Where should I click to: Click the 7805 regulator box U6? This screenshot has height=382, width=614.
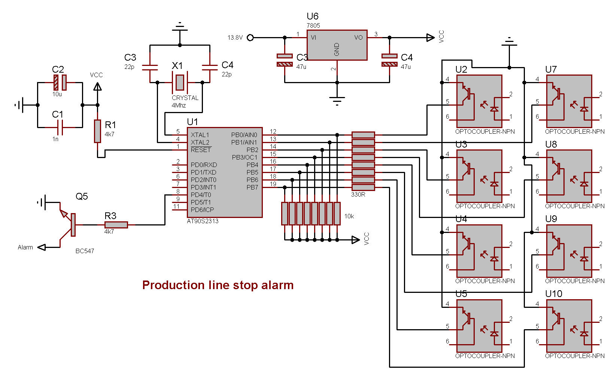point(337,45)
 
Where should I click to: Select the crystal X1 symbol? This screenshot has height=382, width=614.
point(180,82)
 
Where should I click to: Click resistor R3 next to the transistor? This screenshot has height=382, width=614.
point(116,225)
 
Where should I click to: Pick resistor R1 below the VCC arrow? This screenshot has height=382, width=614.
point(97,131)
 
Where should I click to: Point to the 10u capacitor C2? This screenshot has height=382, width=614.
point(60,82)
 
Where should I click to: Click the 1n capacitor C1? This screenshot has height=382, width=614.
point(60,127)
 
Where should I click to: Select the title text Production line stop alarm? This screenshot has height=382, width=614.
point(218,285)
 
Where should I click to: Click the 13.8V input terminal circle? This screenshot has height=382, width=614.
point(250,37)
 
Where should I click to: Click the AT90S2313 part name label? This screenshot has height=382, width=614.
point(203,221)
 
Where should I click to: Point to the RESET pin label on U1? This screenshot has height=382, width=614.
point(201,150)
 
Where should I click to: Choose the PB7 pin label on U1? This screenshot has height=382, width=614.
point(252,187)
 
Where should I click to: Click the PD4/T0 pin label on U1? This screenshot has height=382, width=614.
point(201,195)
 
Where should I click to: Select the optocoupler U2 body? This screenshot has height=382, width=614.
point(479,101)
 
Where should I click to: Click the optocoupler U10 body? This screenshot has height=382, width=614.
point(569,326)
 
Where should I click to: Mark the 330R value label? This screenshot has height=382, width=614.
point(358,194)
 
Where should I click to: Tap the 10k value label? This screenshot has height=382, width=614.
point(349,216)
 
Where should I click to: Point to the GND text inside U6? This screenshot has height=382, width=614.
point(337,49)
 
